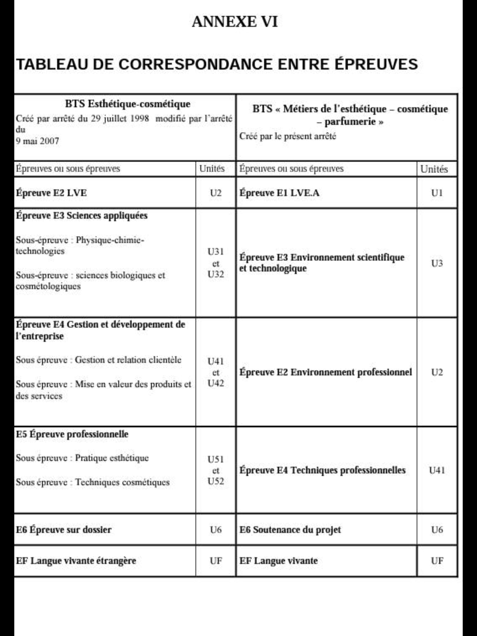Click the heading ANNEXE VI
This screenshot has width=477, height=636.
[234, 22]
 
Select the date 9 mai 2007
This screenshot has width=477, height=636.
[37, 141]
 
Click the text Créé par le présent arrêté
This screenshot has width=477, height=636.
[288, 136]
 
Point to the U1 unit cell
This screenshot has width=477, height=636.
[437, 193]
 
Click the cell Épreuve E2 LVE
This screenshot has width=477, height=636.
[52, 193]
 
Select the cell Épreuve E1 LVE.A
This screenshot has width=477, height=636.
[279, 193]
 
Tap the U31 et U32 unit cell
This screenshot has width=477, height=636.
[216, 263]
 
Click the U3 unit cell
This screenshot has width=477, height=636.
[437, 263]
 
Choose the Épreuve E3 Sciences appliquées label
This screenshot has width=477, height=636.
[82, 216]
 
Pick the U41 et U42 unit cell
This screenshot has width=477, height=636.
[216, 372]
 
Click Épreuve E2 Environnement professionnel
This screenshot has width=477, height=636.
[325, 372]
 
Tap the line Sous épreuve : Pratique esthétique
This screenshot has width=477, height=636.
[82, 458]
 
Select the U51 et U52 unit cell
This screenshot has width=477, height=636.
[216, 470]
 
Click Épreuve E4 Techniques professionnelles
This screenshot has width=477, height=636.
[322, 470]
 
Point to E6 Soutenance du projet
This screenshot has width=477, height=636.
[290, 530]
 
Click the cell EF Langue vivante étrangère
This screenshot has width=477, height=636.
[76, 561]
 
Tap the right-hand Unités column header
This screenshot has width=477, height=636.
[434, 169]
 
